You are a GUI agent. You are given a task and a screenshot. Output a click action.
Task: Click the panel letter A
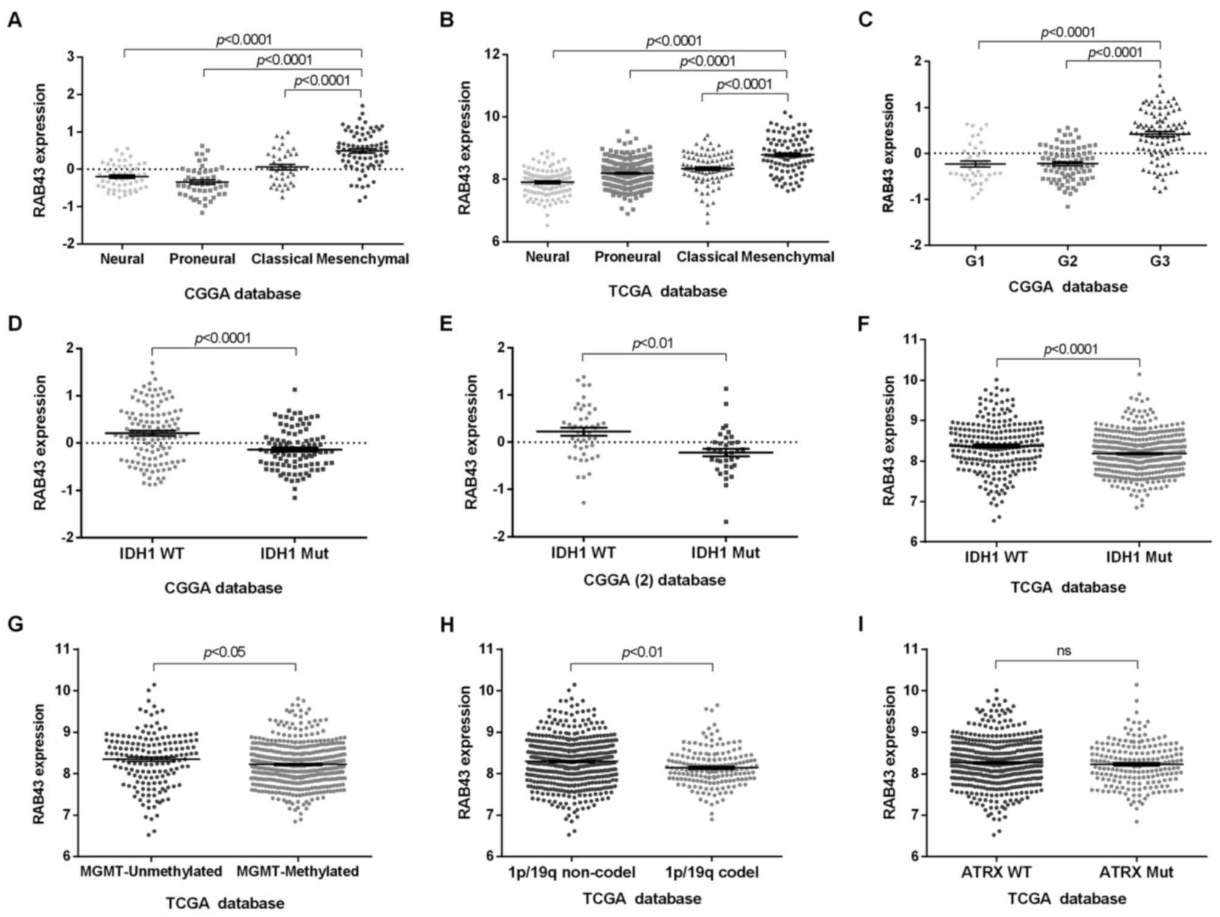tap(15, 21)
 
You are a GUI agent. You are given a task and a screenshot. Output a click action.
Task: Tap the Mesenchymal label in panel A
tap(362, 259)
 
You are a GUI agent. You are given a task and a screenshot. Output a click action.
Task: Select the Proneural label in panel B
tap(627, 257)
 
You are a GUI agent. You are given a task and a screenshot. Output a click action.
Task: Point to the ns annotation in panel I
tap(1063, 651)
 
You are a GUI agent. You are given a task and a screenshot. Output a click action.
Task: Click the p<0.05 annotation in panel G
tap(224, 653)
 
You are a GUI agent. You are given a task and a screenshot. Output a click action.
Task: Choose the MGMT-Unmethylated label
tap(151, 871)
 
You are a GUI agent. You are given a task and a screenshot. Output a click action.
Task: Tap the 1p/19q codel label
tap(713, 873)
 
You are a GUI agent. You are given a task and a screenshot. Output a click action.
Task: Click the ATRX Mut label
tap(1136, 873)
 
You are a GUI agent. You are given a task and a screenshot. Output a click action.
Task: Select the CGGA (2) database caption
tap(654, 580)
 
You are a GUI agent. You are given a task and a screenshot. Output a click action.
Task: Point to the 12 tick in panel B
tap(498, 55)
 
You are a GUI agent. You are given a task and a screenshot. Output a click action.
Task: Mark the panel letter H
tap(447, 625)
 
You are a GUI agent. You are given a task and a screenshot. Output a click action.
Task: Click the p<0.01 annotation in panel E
tap(652, 344)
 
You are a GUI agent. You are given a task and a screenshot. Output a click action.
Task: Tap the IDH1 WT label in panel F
tap(996, 557)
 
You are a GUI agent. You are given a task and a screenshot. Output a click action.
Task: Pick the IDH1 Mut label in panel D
tap(295, 554)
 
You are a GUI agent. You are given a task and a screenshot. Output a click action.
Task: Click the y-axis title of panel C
tap(888, 153)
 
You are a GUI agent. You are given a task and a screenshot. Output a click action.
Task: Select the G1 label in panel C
tap(978, 261)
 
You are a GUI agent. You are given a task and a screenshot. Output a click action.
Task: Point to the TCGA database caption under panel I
tap(1067, 899)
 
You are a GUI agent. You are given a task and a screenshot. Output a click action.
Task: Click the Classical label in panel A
tap(282, 259)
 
